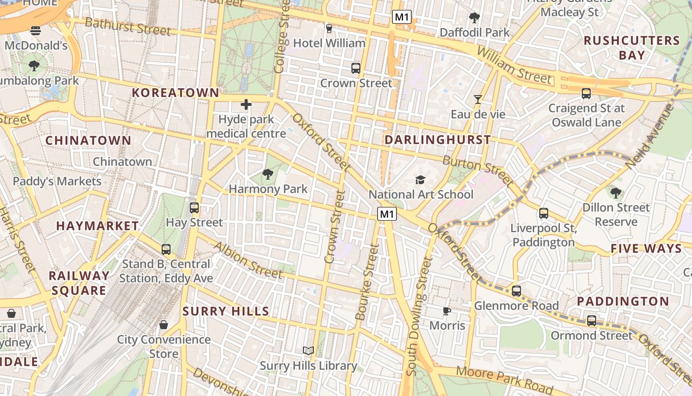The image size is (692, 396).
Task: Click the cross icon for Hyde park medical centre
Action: [246, 104]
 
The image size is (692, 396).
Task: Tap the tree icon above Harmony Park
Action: [268, 174]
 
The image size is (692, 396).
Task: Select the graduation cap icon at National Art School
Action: [420, 180]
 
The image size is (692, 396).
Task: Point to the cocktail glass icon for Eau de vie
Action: [477, 99]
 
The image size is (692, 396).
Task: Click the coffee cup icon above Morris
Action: [447, 311]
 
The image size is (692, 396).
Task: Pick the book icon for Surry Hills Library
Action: [308, 350]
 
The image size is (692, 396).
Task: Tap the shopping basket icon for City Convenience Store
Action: [164, 325]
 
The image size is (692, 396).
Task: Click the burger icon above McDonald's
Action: [36, 31]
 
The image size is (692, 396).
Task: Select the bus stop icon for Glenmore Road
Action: [517, 291]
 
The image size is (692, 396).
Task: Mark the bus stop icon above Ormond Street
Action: [592, 321]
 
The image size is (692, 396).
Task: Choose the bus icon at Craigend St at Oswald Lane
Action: [586, 93]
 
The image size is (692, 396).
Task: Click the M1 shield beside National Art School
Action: [387, 214]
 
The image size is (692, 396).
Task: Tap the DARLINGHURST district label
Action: [438, 140]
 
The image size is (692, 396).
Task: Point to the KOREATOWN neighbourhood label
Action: [175, 93]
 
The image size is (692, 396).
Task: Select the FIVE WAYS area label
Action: [646, 248]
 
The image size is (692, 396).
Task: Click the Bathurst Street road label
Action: [128, 26]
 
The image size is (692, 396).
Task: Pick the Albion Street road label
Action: [248, 260]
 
